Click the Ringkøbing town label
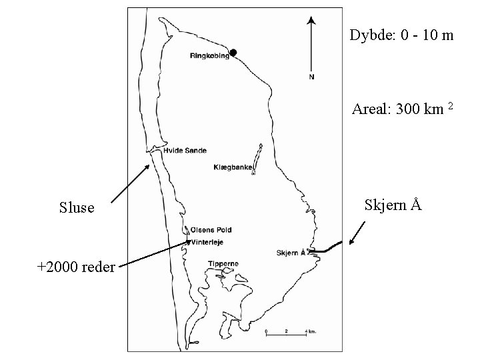[x=209, y=56]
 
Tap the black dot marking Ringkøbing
[x=233, y=53]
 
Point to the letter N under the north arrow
[x=311, y=77]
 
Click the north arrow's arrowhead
[x=311, y=21]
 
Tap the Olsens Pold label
[x=211, y=230]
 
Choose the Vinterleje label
[x=209, y=243]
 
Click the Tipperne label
[x=223, y=264]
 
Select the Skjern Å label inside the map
[x=290, y=253]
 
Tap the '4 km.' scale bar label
[x=310, y=331]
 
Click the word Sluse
[x=77, y=208]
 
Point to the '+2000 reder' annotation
[x=77, y=267]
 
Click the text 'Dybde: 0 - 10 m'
[x=401, y=35]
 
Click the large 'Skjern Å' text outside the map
[x=393, y=204]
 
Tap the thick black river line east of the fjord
[x=327, y=249]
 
